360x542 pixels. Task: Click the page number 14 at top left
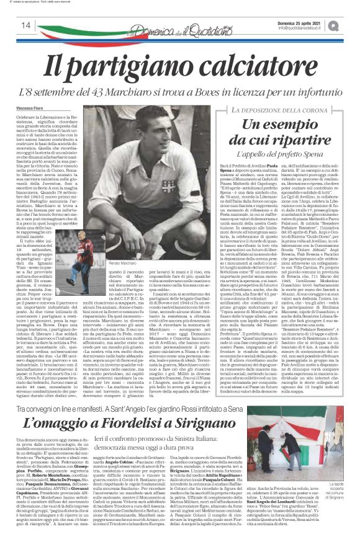27,25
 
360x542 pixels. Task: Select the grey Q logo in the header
351,24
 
